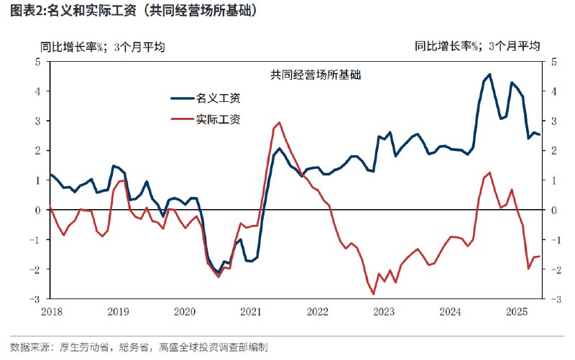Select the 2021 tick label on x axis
[x=251, y=312]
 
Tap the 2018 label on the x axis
[x=51, y=312]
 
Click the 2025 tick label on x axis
[x=515, y=312]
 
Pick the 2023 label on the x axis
[x=383, y=312]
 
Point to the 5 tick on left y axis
[x=37, y=62]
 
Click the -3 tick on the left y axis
[x=35, y=298]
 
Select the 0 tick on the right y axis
[x=552, y=210]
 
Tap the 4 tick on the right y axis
[x=552, y=91]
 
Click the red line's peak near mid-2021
[x=279, y=122]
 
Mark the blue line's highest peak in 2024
[x=489, y=74]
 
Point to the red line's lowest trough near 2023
[x=373, y=293]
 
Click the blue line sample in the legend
[x=182, y=98]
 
